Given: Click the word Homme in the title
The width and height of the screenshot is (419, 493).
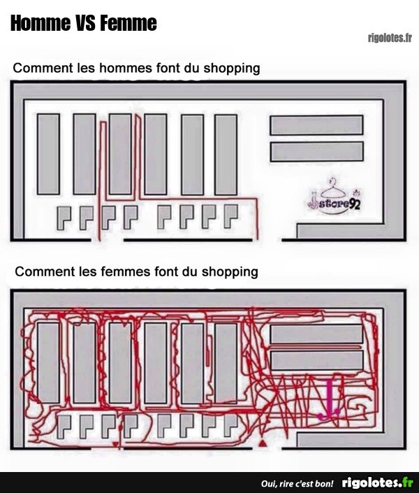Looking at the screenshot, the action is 41,23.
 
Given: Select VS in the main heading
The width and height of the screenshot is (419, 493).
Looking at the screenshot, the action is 85,23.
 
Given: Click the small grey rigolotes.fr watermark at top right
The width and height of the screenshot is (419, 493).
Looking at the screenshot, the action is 390,38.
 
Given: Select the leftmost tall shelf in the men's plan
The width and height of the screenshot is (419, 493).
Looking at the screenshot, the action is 48,154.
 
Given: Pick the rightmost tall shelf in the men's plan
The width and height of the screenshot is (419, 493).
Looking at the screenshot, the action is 226,155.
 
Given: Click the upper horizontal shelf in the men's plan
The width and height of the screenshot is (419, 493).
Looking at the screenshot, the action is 316,125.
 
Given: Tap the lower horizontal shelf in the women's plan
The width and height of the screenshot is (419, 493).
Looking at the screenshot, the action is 316,360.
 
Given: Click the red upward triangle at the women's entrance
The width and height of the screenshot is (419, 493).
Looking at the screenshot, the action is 262,443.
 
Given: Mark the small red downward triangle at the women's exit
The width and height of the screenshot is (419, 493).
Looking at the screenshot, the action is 116,444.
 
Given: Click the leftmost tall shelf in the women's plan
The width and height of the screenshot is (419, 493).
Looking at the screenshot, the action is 48,363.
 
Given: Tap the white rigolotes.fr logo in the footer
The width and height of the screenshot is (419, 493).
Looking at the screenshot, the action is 378,483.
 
